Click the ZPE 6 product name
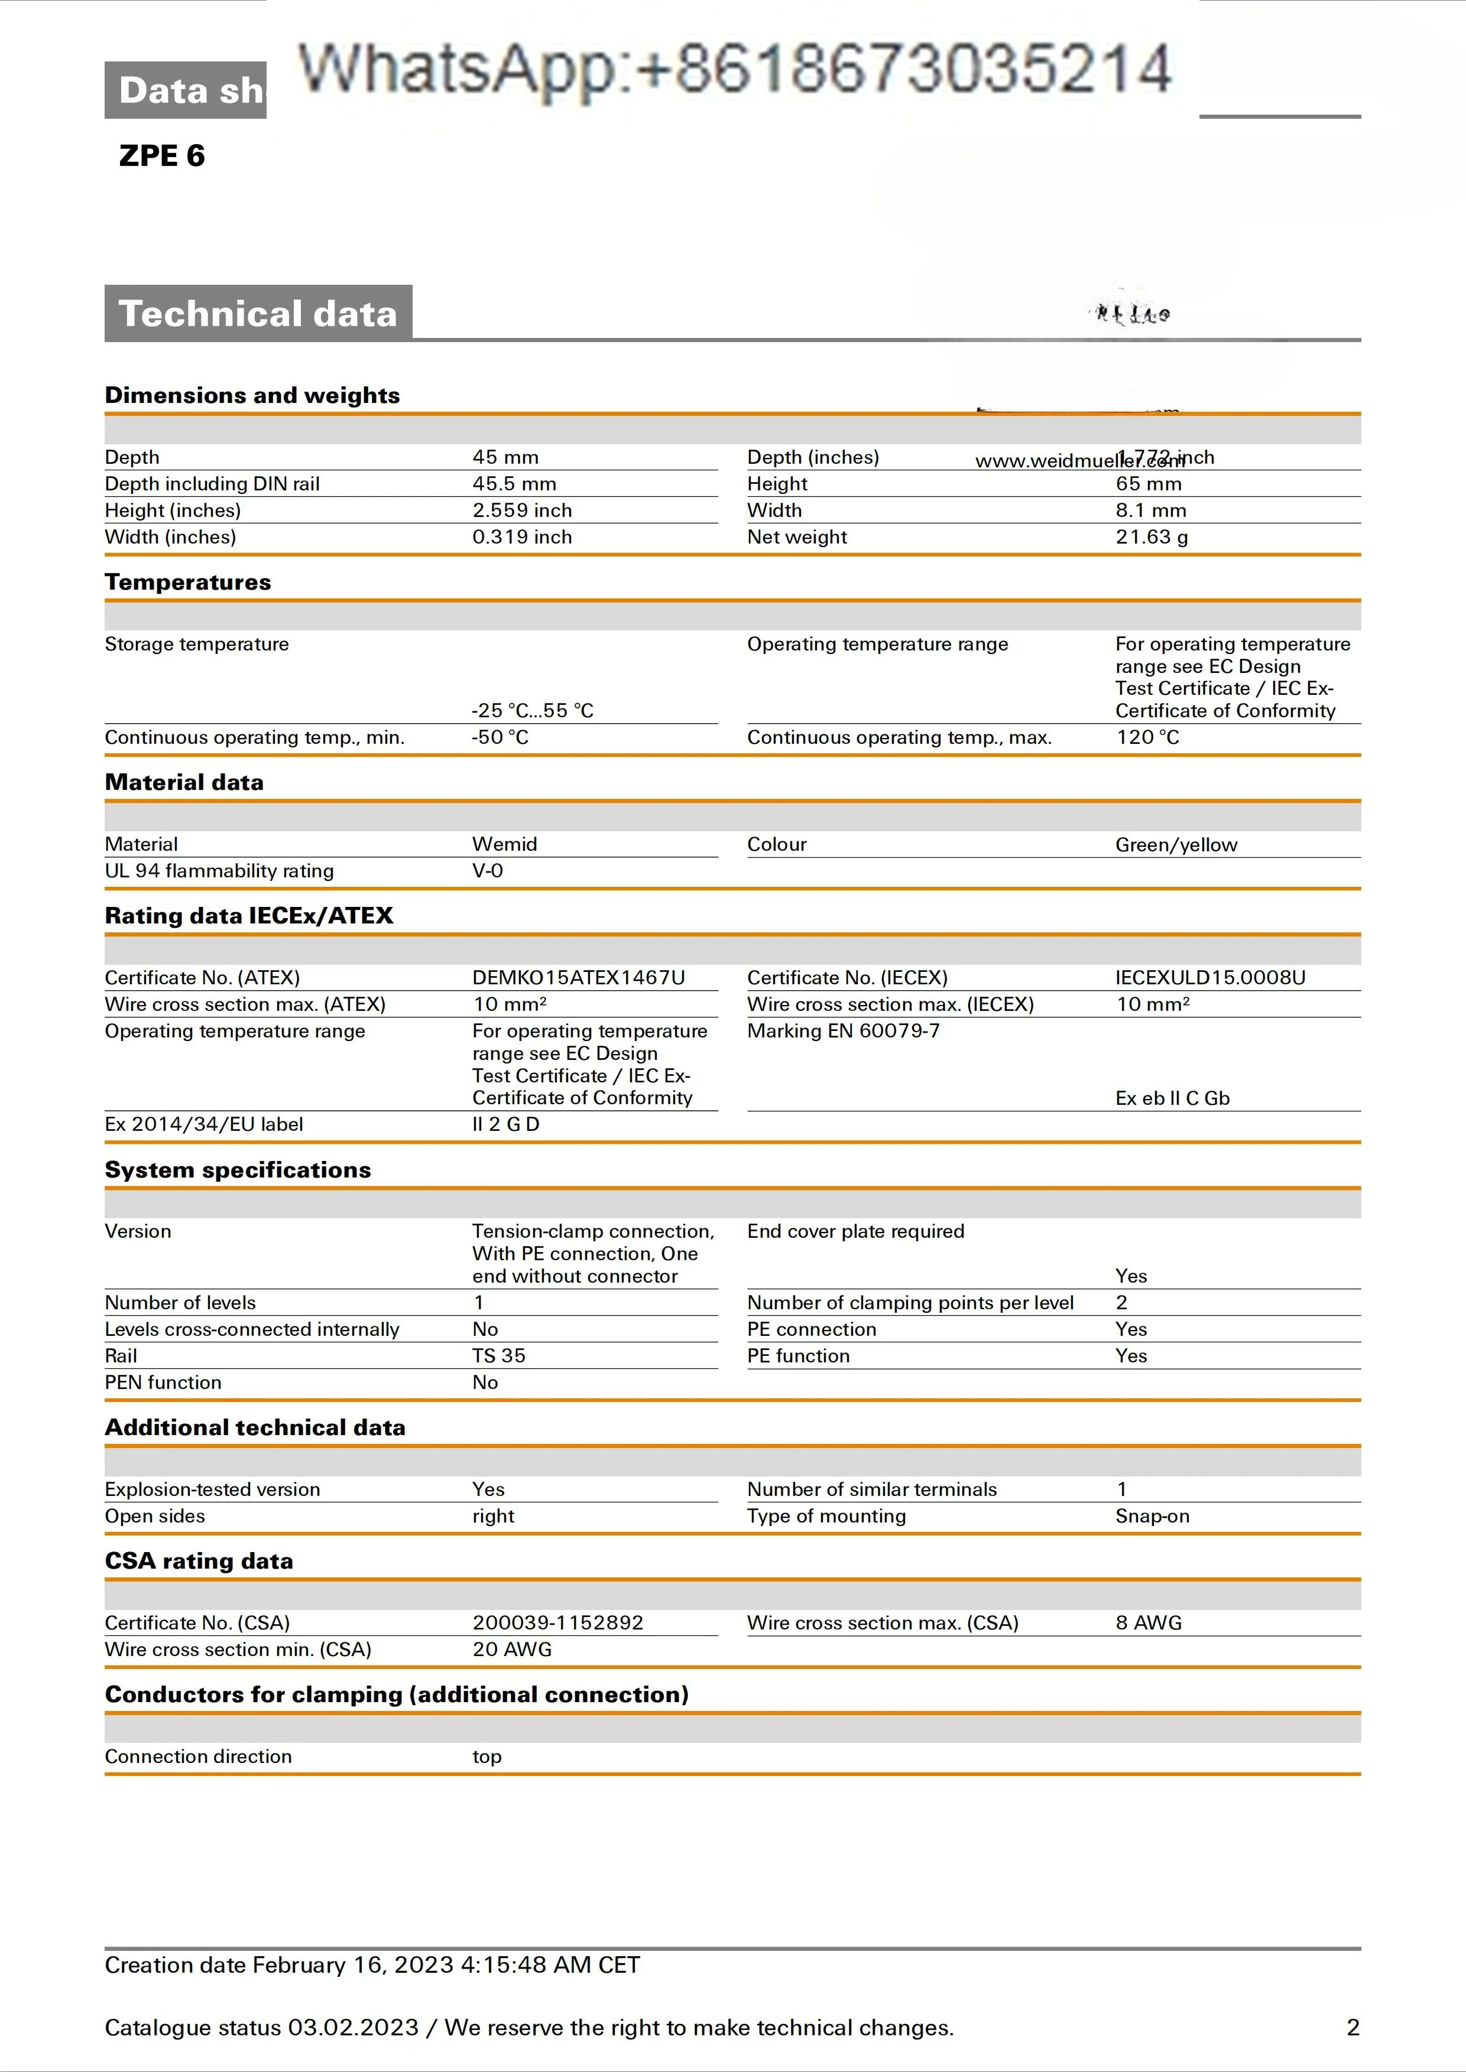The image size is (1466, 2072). (x=161, y=156)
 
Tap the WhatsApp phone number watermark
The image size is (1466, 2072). (x=734, y=70)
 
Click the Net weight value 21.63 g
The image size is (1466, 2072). (x=1151, y=537)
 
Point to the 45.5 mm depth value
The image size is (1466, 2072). (x=514, y=484)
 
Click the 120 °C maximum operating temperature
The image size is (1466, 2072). (x=1147, y=737)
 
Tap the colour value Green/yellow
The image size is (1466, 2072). (x=1175, y=845)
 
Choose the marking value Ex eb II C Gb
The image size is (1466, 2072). (x=1172, y=1098)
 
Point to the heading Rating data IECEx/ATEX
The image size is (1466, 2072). (x=249, y=916)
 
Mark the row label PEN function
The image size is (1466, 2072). (x=163, y=1383)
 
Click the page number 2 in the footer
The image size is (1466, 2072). (x=1353, y=2028)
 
